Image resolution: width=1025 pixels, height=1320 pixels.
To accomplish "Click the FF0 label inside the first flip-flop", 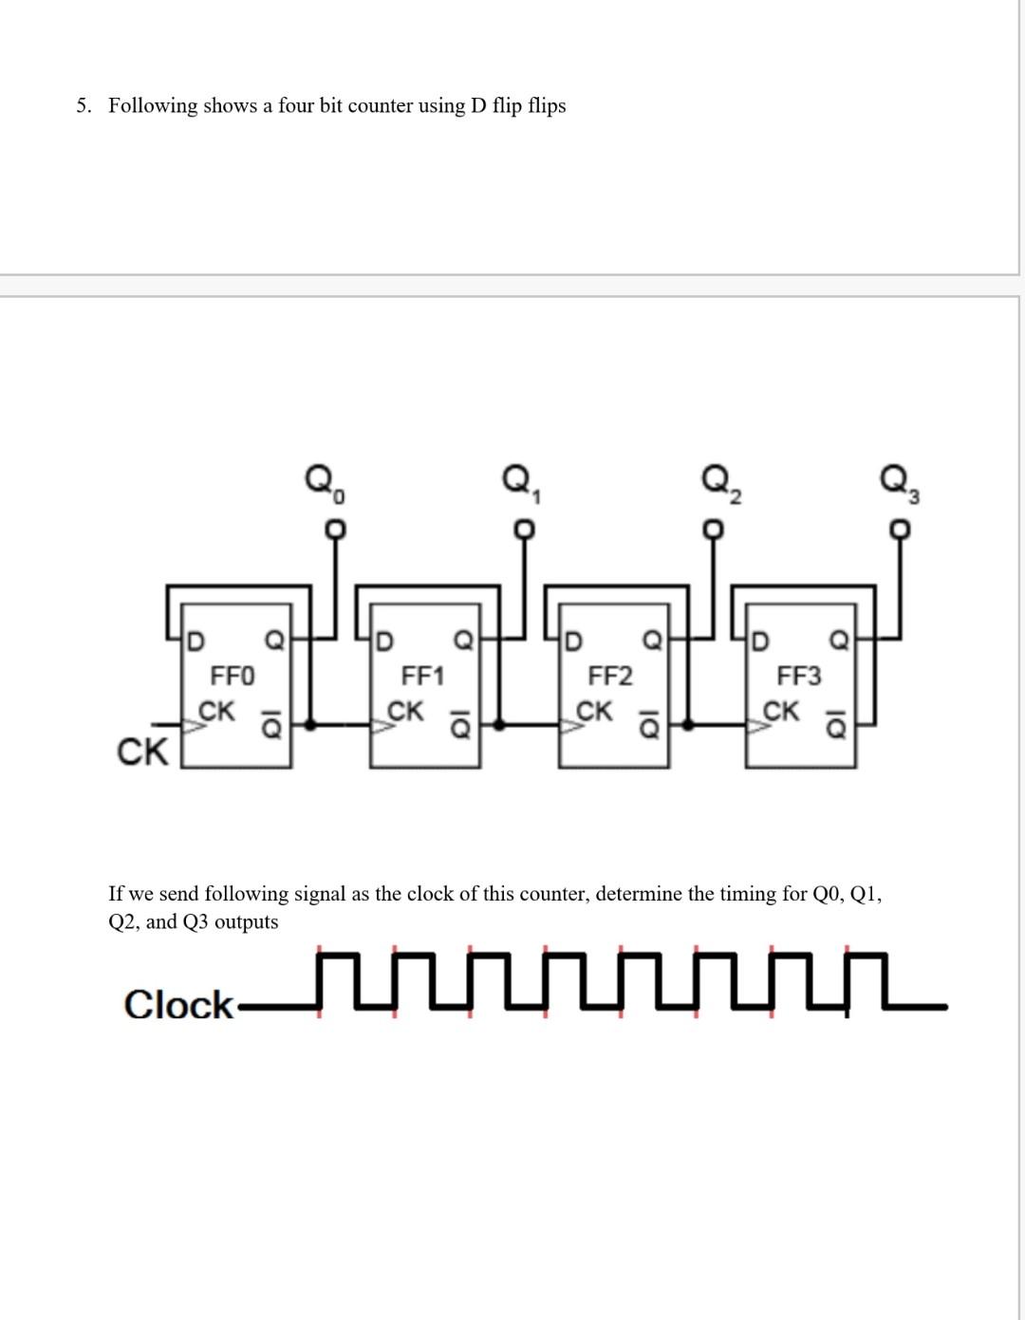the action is point(233,676).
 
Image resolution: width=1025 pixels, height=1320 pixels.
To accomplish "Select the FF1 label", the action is point(422,676).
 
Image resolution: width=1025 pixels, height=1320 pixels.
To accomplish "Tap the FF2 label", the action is point(610,676).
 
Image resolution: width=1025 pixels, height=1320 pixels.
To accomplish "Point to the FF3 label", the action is point(799,676).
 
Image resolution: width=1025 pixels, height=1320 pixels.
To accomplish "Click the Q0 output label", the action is point(325,483).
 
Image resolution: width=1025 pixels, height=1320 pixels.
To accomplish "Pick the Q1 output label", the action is point(522,483).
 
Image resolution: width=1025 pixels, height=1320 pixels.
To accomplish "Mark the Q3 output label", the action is point(901,483).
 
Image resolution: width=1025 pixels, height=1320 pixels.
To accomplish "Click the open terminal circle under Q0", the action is point(335,530).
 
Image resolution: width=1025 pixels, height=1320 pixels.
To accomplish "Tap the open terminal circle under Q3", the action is point(900,530).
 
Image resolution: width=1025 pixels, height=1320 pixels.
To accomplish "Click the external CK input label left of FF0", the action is point(142,752).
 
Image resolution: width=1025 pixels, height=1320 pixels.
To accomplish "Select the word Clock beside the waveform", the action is point(178,1004).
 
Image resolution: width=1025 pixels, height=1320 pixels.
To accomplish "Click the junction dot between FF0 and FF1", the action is point(310,725).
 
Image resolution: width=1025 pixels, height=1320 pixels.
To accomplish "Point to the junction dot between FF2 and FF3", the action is point(688,725).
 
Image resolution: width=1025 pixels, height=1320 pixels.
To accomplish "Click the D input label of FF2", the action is point(574,641).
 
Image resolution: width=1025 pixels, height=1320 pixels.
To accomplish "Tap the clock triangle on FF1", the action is point(382,726).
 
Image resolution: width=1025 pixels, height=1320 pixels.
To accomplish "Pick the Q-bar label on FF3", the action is point(836,724).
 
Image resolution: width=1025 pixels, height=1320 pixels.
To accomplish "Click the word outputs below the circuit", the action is point(247,922).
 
